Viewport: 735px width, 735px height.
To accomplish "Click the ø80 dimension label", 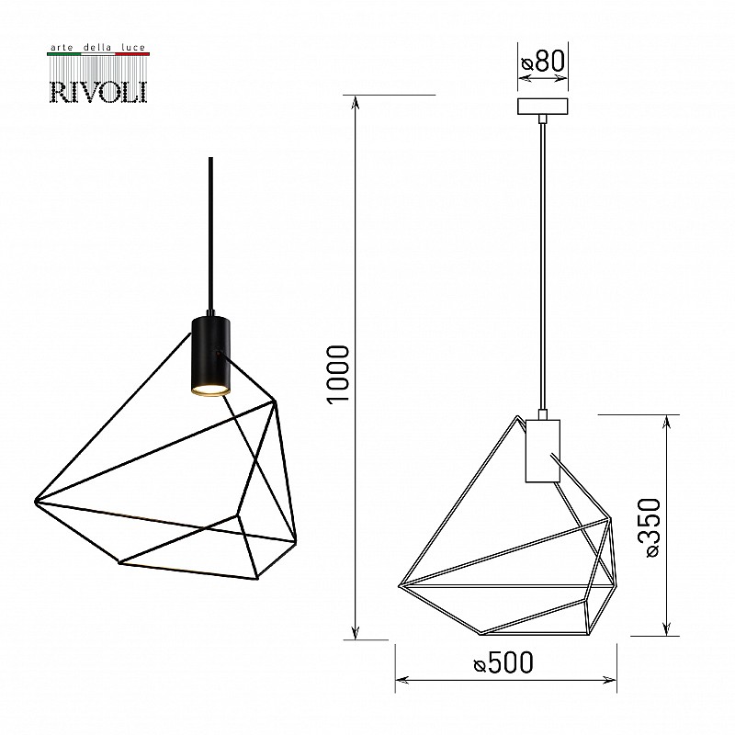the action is click(543, 61).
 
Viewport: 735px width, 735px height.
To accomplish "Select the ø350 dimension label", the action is click(653, 527).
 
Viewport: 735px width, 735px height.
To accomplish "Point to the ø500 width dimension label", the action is click(503, 662).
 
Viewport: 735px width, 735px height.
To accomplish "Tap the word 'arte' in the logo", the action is click(61, 48).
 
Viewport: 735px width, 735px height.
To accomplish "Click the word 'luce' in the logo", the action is click(133, 48).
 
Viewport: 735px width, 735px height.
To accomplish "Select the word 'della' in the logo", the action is click(97, 48).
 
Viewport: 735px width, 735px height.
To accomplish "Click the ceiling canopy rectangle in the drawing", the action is click(542, 107).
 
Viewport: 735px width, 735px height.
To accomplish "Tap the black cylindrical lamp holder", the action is click(210, 356).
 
